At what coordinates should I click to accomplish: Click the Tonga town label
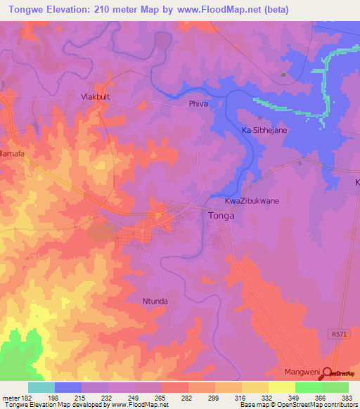221,216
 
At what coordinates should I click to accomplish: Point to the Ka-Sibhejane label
265,131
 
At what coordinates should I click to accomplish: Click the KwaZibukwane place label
252,201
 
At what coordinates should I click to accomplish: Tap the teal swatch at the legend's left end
41,387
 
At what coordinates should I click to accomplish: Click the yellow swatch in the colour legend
281,387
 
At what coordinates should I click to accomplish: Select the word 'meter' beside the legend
11,397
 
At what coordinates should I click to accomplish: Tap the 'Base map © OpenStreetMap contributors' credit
297,405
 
